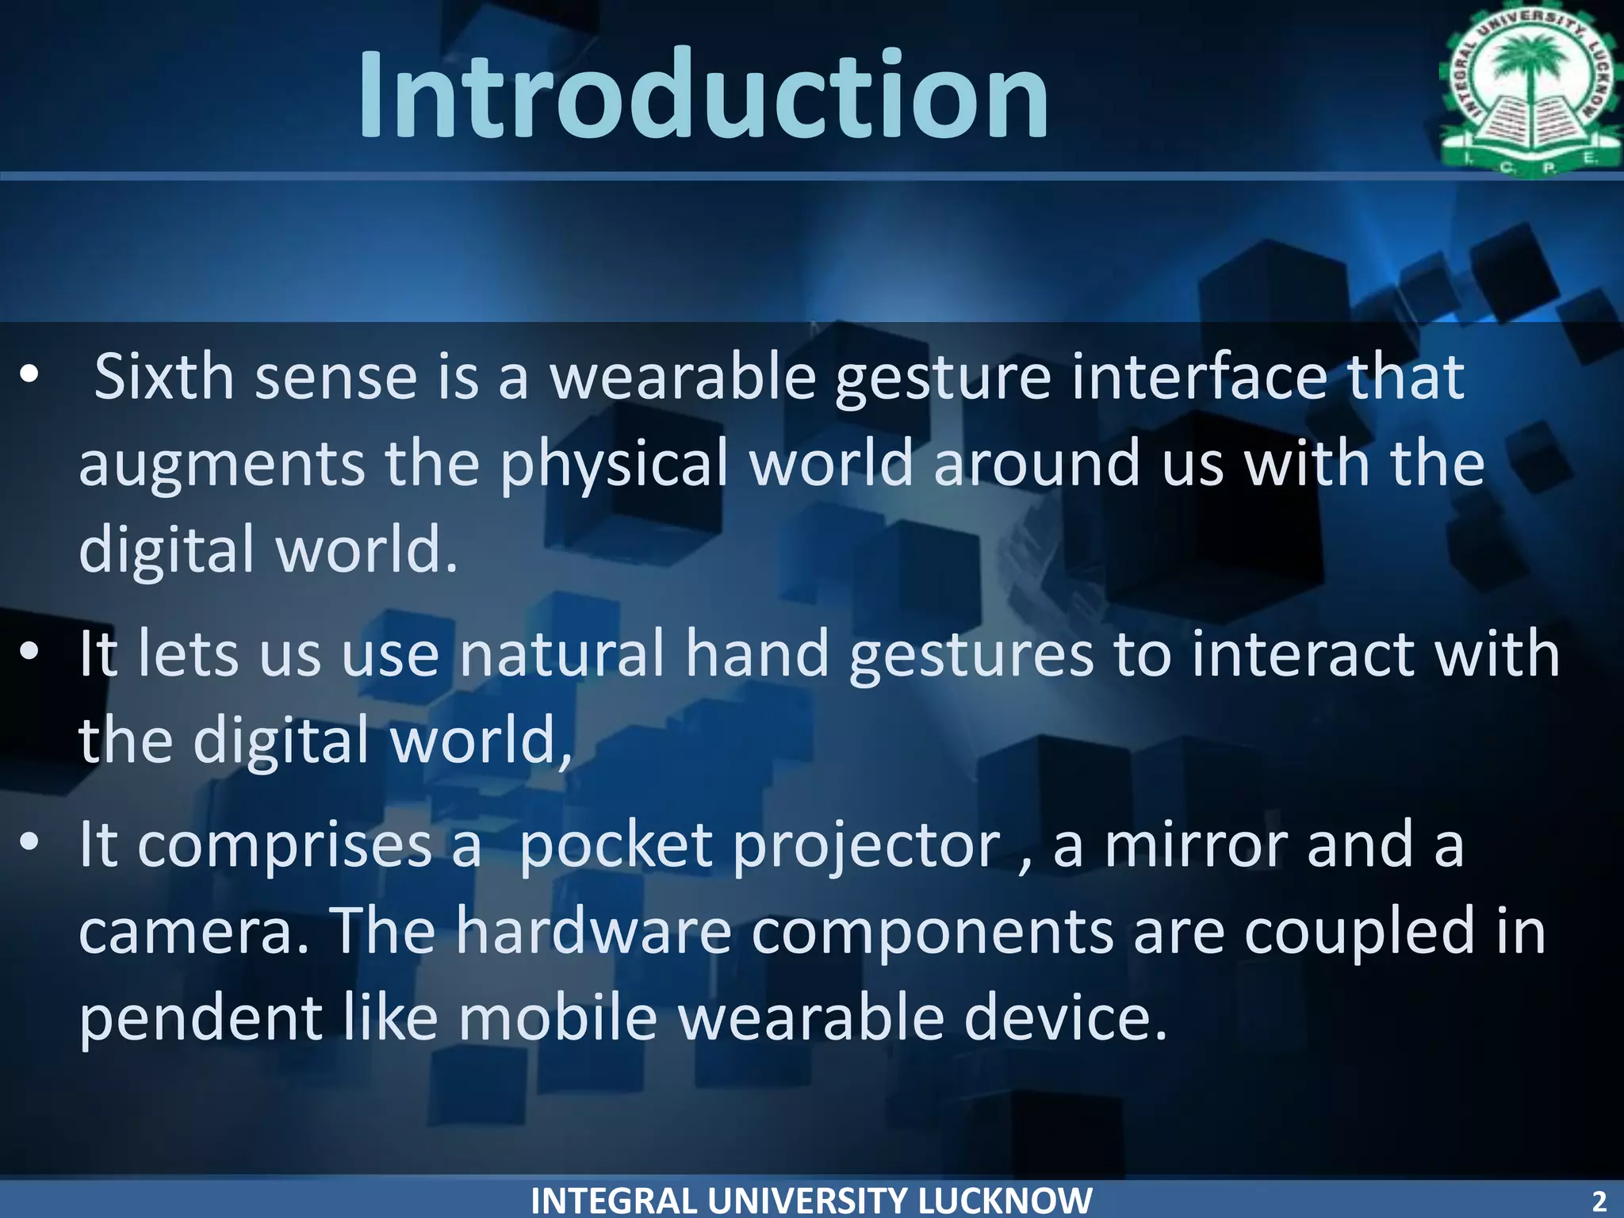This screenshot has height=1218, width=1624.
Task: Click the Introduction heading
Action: tap(703, 95)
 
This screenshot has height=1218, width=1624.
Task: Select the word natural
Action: tap(562, 654)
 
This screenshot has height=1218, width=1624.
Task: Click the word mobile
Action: tap(558, 1018)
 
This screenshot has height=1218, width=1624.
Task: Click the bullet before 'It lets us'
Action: tap(29, 652)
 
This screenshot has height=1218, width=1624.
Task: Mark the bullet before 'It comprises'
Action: tap(29, 844)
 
